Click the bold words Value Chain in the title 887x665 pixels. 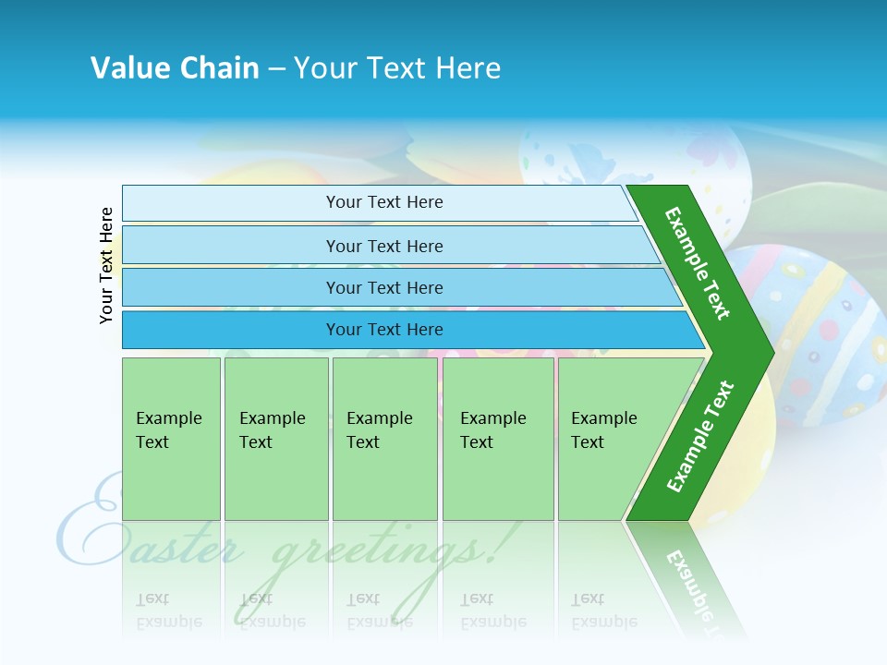[175, 68]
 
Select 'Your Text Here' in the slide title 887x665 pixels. [397, 68]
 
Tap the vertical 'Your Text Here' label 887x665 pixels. [107, 265]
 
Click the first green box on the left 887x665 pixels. [171, 439]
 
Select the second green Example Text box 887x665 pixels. [275, 439]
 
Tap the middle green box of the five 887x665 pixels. [384, 439]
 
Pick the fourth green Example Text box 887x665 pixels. [497, 439]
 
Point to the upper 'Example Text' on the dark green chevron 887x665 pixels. [698, 263]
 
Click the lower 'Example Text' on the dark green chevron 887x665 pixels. [700, 436]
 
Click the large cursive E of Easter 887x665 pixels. [88, 526]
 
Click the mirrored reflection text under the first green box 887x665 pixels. [169, 611]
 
